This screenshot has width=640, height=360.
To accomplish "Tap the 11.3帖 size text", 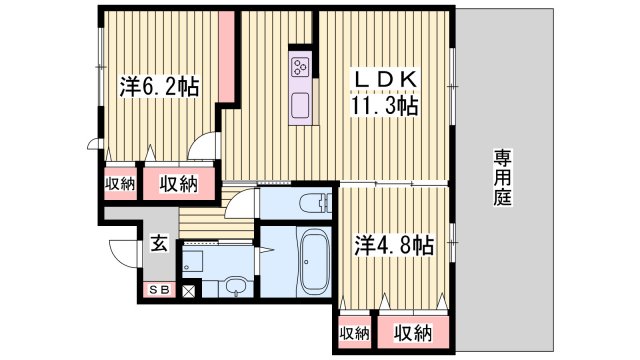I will [x=382, y=105].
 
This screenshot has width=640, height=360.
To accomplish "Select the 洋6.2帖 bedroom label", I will [x=159, y=86].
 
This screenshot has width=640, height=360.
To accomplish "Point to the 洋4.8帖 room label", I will [x=394, y=244].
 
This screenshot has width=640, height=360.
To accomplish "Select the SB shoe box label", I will [x=159, y=291].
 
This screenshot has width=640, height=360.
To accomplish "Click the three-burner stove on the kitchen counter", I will [x=301, y=67].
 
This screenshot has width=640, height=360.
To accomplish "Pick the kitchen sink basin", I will [x=301, y=103].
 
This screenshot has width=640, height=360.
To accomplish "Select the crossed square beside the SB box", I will [x=187, y=291].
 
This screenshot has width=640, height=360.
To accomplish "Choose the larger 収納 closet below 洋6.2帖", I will [x=179, y=183].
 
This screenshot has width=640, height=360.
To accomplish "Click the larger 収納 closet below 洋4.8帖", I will [x=412, y=333].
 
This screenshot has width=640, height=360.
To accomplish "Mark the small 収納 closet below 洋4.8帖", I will [x=353, y=333].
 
